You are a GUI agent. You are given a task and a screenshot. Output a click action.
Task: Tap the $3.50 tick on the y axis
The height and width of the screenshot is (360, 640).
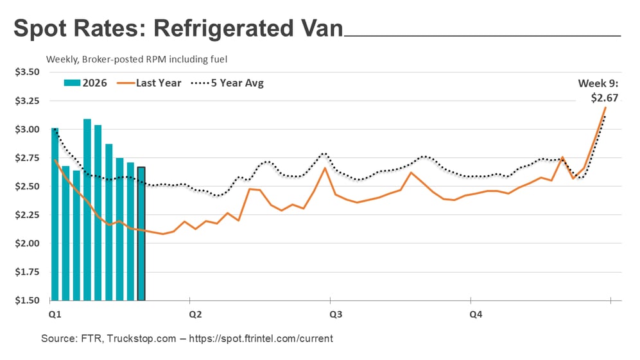click(27, 72)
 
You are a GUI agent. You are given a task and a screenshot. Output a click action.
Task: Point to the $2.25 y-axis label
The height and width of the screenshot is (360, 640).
click(27, 215)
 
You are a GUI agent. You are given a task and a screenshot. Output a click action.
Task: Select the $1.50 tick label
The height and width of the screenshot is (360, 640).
click(27, 300)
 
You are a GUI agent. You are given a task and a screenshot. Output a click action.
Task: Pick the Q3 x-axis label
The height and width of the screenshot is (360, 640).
click(335, 314)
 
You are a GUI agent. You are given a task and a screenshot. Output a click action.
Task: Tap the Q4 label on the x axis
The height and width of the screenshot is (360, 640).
click(476, 314)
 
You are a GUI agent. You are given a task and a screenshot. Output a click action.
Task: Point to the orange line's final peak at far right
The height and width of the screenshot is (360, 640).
click(605, 107)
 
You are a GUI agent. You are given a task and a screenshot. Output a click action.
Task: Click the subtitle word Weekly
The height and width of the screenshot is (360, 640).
click(61, 60)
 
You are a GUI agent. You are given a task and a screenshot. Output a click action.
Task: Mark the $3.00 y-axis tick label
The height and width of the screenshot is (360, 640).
click(27, 129)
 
